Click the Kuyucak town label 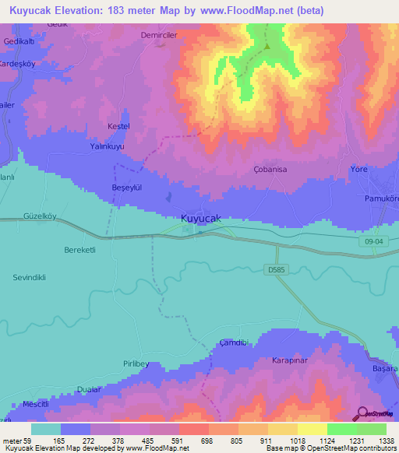pos(201,219)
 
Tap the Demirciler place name pos(160,35)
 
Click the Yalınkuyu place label pos(108,146)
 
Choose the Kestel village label pos(118,126)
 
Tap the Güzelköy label pos(42,214)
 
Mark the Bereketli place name pos(79,249)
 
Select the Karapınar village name pos(291,360)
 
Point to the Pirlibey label pos(135,363)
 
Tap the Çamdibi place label pos(233,342)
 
